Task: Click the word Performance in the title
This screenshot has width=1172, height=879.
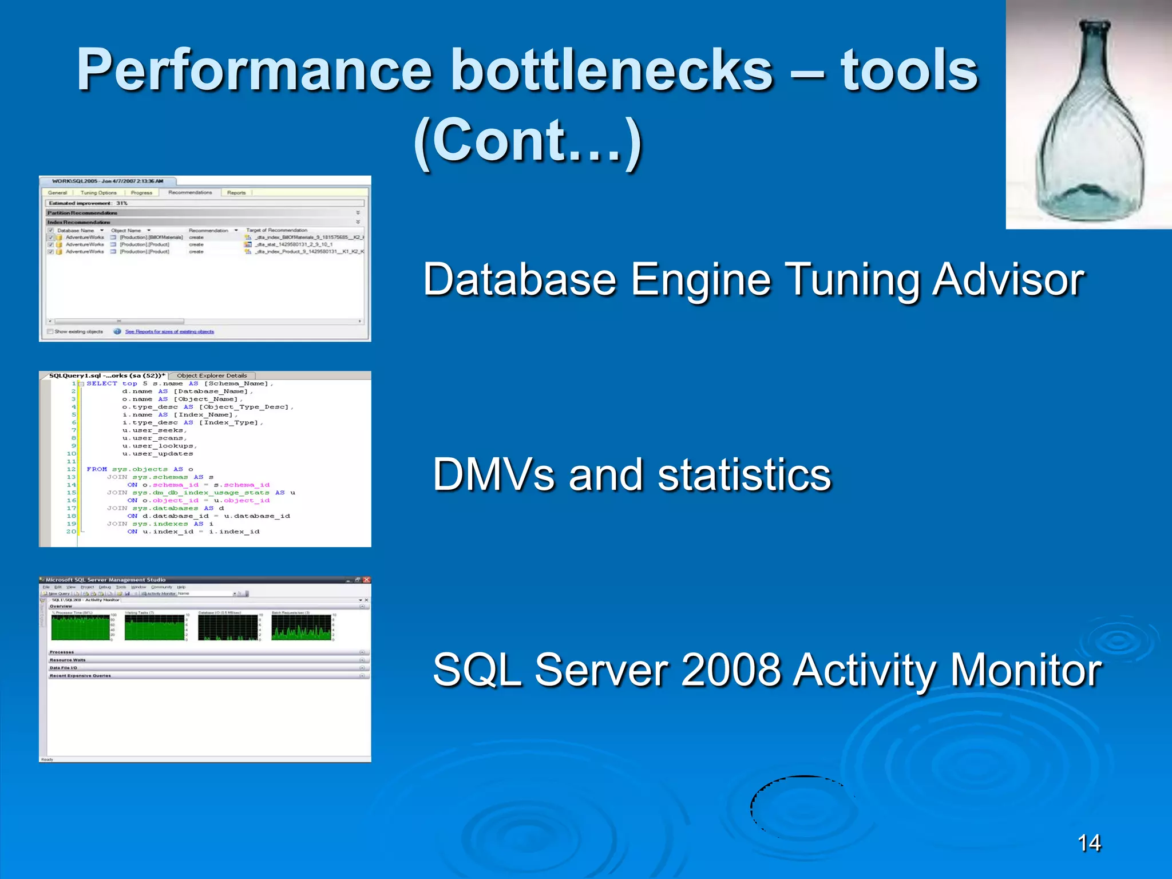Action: (254, 71)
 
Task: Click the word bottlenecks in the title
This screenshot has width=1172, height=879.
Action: (612, 71)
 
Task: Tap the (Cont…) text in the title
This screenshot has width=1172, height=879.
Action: (528, 141)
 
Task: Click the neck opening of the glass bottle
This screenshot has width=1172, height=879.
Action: (1094, 26)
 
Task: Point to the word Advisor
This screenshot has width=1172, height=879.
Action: (1008, 280)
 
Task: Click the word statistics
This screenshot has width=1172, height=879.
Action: (744, 474)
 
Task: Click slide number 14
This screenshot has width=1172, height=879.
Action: (1088, 843)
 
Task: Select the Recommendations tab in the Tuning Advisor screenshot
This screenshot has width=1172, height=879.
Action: (190, 193)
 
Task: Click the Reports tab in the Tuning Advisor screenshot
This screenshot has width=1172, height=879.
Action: (236, 193)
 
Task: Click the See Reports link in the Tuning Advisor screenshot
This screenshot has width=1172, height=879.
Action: (169, 332)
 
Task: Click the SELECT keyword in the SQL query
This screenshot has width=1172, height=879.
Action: (101, 383)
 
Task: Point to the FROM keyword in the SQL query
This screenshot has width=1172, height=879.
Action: (97, 469)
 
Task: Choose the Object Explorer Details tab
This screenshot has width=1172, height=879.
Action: (212, 376)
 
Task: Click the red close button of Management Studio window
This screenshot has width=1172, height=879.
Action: (366, 580)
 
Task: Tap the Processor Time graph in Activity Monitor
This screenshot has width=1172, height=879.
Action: (80, 628)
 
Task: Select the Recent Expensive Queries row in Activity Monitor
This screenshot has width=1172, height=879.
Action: (80, 676)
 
